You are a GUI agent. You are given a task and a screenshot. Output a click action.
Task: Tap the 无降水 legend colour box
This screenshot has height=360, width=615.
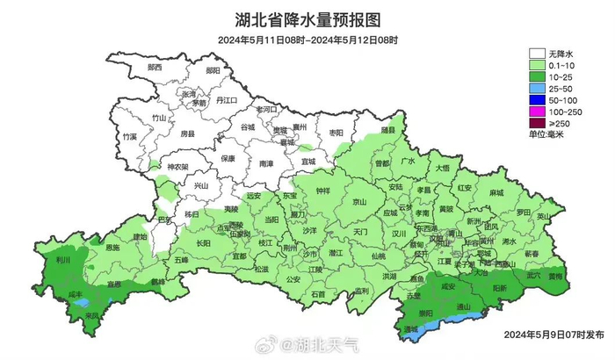coord(538,53)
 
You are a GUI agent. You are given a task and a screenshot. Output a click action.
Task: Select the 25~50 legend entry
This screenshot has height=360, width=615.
coord(561,89)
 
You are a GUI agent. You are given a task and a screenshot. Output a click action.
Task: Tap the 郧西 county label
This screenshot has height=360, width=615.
coord(155,68)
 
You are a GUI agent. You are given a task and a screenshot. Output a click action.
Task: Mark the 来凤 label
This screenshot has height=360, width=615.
coord(93,313)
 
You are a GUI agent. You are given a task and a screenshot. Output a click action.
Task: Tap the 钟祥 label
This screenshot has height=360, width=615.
coord(322,191)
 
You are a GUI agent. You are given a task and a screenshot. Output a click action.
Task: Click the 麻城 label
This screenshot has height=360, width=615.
coord(496,191)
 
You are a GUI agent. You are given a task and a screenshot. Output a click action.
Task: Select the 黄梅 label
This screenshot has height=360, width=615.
coord(556,276)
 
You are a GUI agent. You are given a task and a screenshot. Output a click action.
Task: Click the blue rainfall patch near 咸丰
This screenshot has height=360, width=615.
coord(82,303)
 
